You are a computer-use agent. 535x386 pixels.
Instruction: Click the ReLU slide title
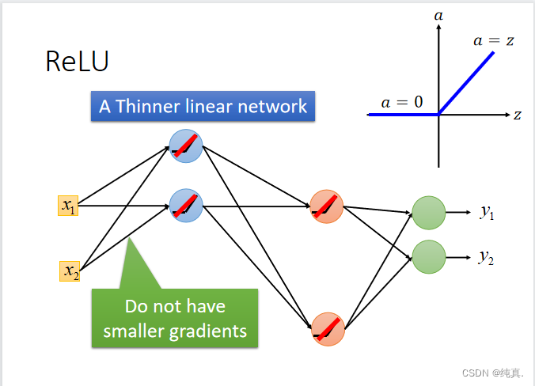tap(77, 62)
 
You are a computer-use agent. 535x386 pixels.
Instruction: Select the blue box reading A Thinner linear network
tap(203, 106)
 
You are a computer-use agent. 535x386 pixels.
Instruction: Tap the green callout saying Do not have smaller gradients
tap(175, 318)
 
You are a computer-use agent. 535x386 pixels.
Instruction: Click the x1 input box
tap(68, 206)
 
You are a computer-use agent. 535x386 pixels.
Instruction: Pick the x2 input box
tap(70, 271)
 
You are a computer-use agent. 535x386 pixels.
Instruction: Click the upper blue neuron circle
tap(186, 146)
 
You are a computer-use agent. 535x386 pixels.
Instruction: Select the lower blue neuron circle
tap(186, 206)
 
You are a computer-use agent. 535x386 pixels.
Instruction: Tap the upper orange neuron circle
tap(327, 206)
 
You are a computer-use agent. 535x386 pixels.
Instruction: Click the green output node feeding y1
tap(429, 212)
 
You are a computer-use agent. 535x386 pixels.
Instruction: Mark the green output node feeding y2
tap(429, 256)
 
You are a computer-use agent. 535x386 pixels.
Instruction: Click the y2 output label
tap(487, 257)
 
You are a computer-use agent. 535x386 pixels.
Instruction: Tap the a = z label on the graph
tap(494, 40)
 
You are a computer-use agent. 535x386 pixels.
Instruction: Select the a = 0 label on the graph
tap(402, 101)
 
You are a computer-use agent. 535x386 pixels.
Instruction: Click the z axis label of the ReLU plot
tap(517, 115)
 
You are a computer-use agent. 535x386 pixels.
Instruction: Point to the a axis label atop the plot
tap(438, 13)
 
